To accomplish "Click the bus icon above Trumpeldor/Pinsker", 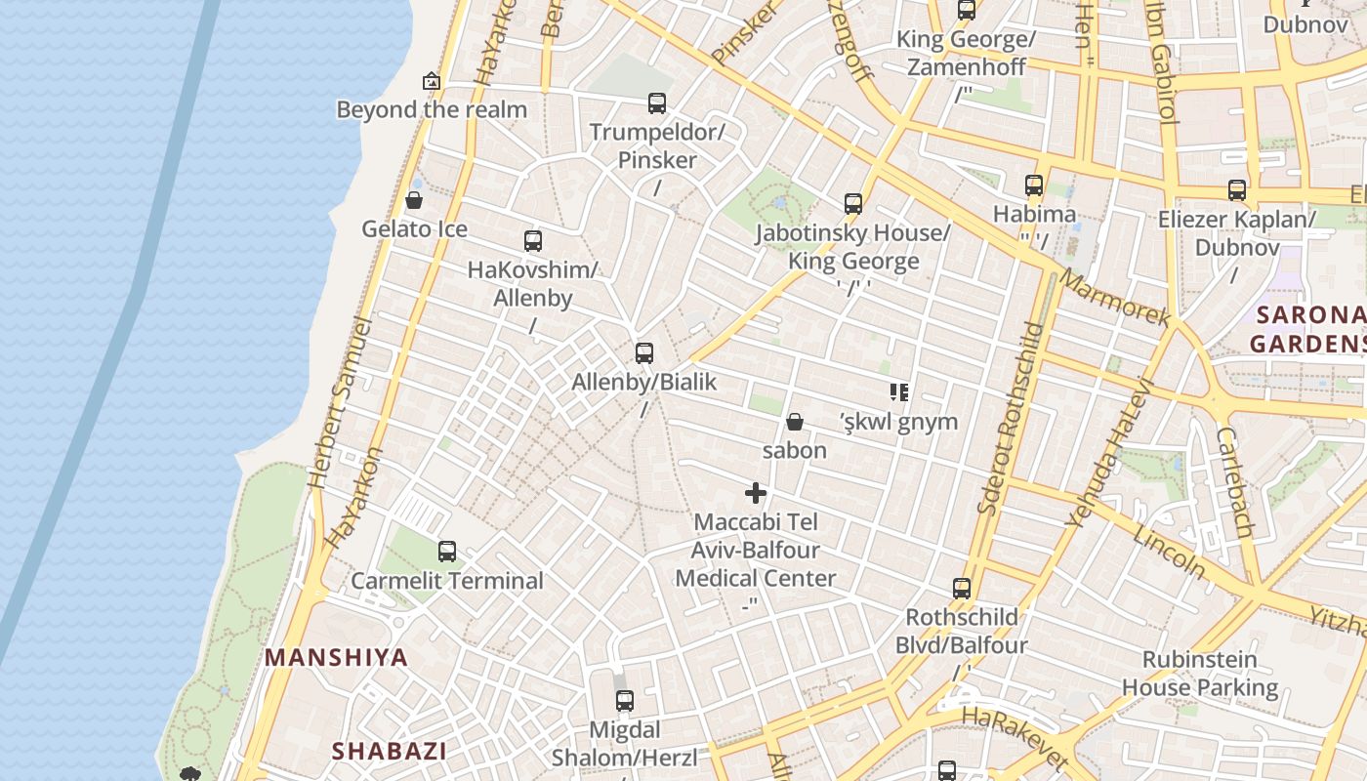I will point(657,103).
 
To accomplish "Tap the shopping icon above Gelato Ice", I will point(414,201).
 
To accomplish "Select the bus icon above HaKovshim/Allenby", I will point(533,241).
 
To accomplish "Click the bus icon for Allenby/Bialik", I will point(644,353).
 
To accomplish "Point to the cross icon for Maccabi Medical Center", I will point(756,493).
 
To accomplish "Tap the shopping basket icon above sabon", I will point(795,422).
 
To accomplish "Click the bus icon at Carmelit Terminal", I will point(447,552).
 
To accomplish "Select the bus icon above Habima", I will point(1034,185).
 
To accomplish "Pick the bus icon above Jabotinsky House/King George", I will point(853,204).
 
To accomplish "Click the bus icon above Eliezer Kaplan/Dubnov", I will point(1237,190).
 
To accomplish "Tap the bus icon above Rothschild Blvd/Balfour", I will point(962,589).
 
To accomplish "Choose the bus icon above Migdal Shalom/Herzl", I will point(625,701).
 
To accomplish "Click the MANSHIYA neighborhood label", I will point(336,657).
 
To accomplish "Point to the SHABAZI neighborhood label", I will point(389,751).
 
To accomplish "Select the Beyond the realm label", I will point(432,109).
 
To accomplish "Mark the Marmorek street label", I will point(1114,298).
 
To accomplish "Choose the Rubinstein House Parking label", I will point(1199,674).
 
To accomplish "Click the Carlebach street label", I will point(1235,482).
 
